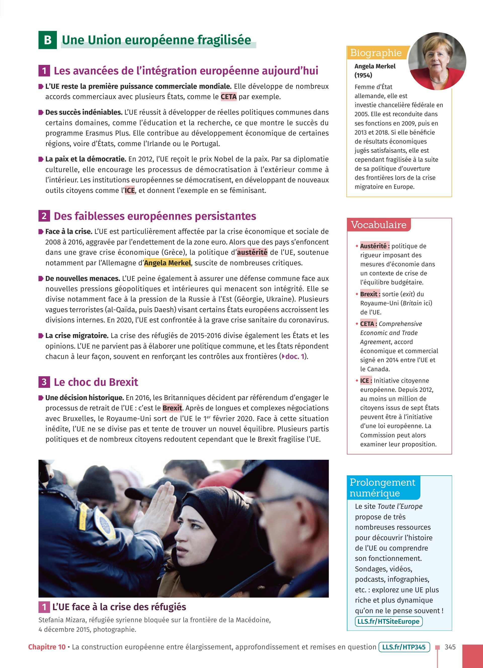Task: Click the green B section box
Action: click(47, 40)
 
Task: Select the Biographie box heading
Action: click(376, 53)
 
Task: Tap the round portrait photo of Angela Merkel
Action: click(437, 61)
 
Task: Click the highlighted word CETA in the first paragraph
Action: click(228, 97)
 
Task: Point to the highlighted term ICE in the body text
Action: click(130, 191)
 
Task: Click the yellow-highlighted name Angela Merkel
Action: click(167, 263)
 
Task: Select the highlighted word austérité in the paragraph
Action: click(252, 253)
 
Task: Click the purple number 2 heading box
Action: click(44, 216)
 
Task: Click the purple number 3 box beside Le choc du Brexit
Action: click(44, 382)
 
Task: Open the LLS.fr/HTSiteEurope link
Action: click(388, 621)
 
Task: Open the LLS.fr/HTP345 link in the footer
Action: click(404, 647)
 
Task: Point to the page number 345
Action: click(450, 647)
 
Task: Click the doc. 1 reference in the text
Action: click(293, 356)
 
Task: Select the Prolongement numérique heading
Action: click(382, 487)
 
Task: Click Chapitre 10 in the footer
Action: click(47, 647)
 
